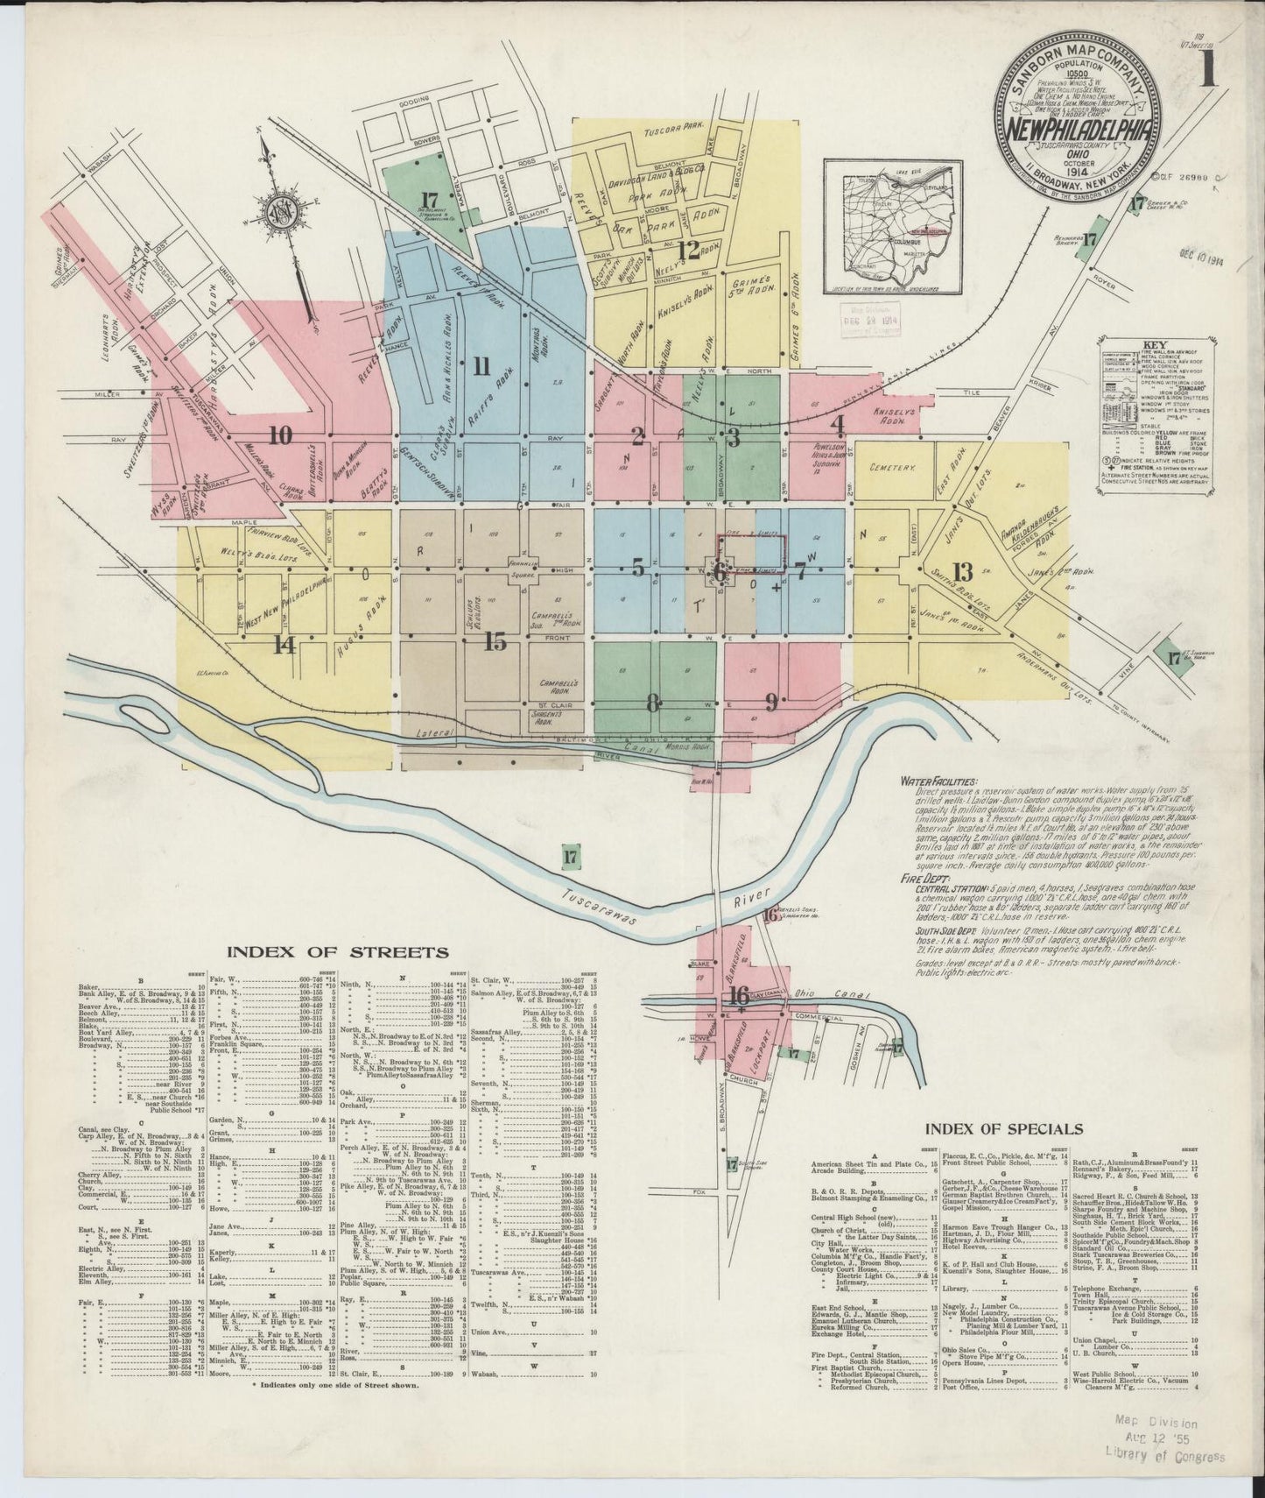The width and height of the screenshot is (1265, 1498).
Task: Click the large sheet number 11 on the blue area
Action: point(481,366)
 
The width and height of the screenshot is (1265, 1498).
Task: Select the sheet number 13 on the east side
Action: point(963,574)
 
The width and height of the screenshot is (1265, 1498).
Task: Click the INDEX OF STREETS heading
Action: point(338,952)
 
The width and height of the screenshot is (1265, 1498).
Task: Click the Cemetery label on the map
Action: point(890,468)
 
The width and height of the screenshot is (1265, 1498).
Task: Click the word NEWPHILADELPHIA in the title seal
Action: point(1077,131)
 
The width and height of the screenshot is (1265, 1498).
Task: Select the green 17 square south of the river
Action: point(572,857)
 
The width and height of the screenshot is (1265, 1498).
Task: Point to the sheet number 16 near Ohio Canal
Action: point(738,996)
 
